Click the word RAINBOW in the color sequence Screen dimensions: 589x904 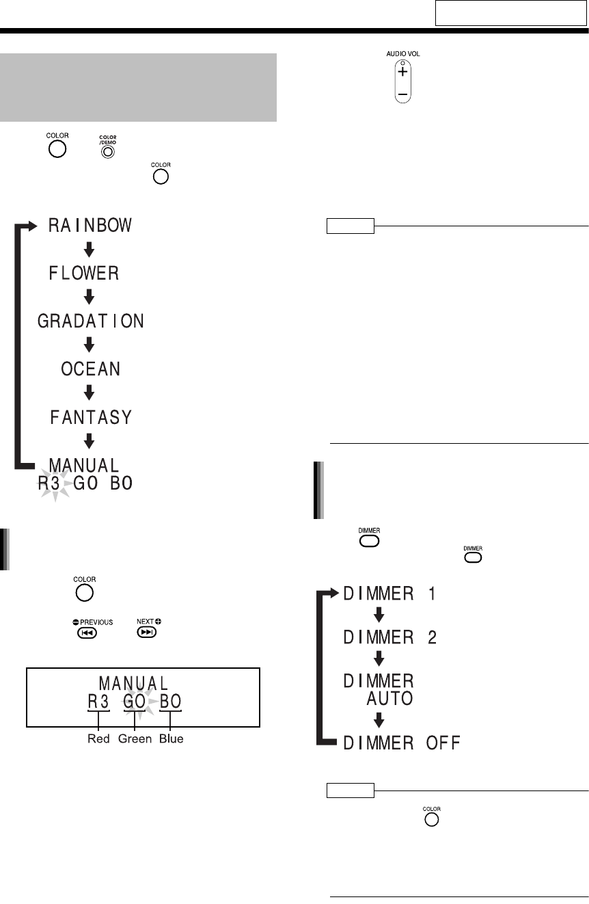(90, 226)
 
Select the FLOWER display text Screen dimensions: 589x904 (84, 274)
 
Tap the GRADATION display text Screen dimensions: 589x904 (91, 322)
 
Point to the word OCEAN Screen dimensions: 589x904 (90, 370)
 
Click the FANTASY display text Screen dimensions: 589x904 (90, 417)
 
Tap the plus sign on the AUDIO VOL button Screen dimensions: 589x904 (403, 71)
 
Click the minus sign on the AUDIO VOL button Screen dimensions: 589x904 (403, 92)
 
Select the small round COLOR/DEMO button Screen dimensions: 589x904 (106, 152)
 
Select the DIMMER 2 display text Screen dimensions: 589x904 (389, 638)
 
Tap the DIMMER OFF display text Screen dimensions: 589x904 (401, 742)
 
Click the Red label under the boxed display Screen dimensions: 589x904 (99, 739)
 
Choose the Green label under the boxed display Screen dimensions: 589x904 (135, 739)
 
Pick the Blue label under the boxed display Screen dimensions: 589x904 (172, 739)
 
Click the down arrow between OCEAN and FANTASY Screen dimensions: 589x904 (98, 394)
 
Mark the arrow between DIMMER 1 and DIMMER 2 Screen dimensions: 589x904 (380, 615)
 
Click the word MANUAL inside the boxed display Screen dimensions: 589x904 (134, 683)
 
